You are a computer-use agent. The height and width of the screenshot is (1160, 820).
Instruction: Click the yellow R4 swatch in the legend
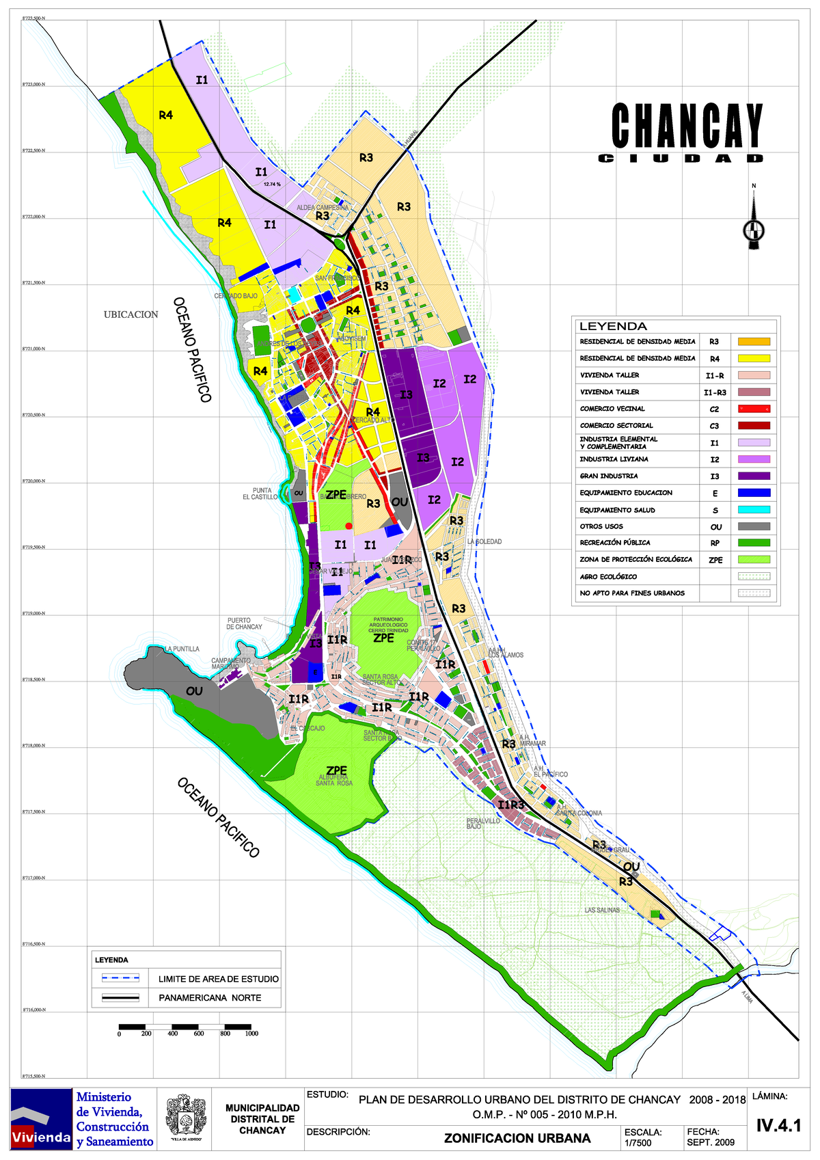click(x=754, y=358)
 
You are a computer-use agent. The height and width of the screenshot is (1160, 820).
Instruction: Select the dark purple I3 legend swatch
click(x=754, y=476)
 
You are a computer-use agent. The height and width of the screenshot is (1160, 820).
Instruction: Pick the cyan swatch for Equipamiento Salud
click(x=754, y=510)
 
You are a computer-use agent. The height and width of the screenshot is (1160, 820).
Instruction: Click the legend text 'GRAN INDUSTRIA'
click(x=609, y=476)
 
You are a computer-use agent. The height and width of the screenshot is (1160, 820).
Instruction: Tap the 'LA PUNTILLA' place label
click(x=182, y=649)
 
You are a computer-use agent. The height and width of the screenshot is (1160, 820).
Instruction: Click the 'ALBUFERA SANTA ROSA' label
click(x=334, y=781)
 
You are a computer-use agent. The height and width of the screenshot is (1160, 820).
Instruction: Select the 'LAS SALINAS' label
click(x=602, y=911)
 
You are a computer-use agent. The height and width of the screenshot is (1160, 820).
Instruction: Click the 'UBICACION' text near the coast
click(x=131, y=314)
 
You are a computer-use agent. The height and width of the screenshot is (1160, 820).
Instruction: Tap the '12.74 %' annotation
click(x=272, y=184)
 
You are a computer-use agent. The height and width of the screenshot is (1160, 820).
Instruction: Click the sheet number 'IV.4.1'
click(x=778, y=1125)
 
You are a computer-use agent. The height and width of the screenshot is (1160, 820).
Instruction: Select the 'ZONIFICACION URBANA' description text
click(x=517, y=1138)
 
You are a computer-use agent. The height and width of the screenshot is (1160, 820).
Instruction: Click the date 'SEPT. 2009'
click(x=711, y=1142)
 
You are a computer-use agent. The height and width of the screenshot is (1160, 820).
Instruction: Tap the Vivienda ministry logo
click(x=41, y=1118)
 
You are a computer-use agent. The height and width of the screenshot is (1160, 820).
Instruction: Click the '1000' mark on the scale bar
click(x=251, y=1034)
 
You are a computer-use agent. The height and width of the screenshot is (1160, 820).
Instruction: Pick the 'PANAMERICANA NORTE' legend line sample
click(x=120, y=998)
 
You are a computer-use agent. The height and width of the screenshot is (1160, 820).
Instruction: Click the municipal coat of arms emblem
click(x=186, y=1118)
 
